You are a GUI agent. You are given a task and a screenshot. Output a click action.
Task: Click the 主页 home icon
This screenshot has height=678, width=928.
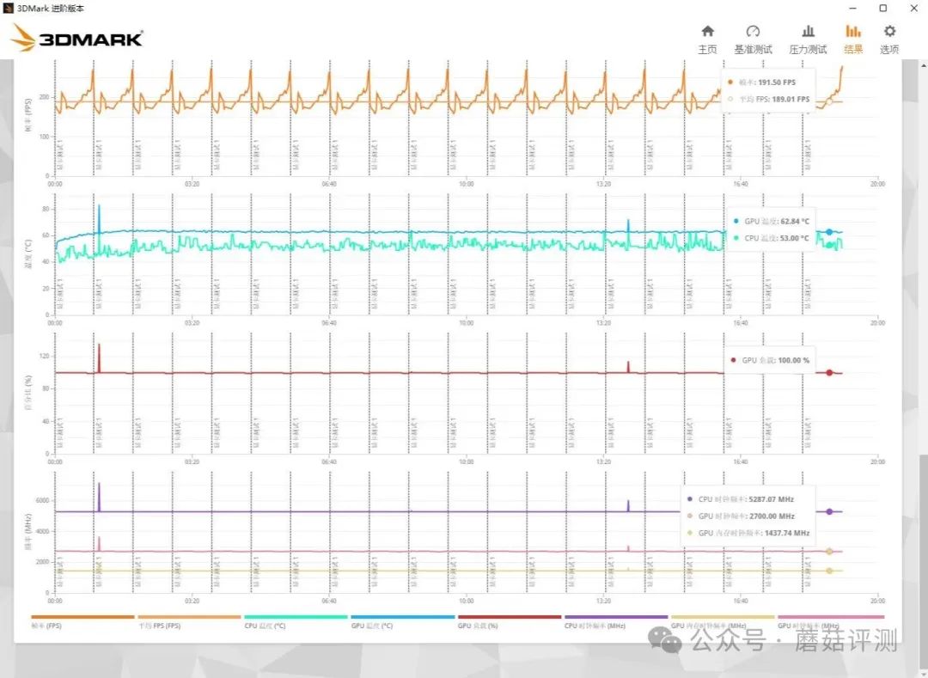(707, 31)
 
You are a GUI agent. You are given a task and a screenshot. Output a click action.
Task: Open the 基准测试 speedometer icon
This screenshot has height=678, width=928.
(753, 31)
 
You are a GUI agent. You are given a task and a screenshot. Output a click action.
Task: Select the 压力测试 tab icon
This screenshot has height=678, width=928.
(808, 31)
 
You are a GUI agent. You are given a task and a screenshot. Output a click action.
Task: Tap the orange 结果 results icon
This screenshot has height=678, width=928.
(853, 31)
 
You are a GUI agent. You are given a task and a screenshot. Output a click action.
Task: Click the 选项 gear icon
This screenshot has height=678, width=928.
(889, 31)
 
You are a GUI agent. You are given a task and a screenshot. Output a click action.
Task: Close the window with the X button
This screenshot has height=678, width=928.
(912, 8)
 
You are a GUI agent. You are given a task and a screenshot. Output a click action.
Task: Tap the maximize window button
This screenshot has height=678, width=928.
(882, 8)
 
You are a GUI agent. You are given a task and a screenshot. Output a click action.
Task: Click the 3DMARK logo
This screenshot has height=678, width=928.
(77, 38)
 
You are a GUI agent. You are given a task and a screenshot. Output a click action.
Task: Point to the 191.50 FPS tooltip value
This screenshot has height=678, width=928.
(777, 82)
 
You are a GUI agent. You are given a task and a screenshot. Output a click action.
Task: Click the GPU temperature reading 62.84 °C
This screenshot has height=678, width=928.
(789, 221)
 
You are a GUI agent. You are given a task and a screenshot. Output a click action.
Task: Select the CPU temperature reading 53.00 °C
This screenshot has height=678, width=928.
(789, 238)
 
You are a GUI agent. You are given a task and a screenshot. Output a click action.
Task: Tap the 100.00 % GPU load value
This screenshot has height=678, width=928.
(793, 360)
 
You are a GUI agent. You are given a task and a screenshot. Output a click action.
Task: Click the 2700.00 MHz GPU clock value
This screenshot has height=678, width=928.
(770, 516)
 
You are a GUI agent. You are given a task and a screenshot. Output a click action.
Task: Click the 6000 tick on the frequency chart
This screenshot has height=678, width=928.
(42, 501)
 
